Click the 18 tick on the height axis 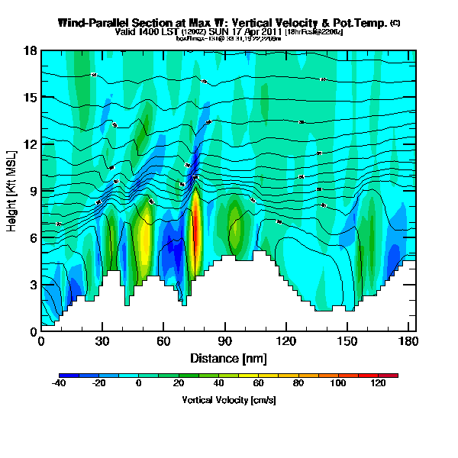(31, 50)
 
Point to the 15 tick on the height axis (31, 97)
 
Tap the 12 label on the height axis (31, 144)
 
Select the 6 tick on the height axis (31, 238)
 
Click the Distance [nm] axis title (228, 358)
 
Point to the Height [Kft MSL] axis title (13, 191)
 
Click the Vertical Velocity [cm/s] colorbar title (228, 399)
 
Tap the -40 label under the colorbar (59, 383)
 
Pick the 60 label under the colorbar (259, 383)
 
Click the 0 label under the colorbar (139, 383)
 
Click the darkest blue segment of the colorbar (64, 375)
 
